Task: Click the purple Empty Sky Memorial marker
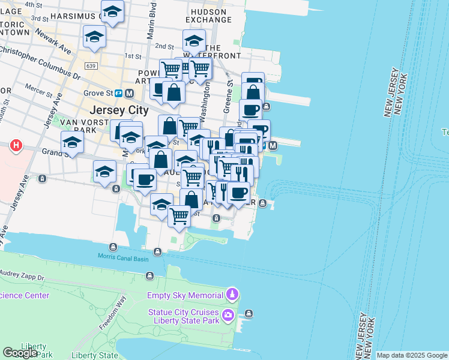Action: coord(232,295)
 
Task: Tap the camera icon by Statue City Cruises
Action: coord(228,316)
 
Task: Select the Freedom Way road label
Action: coord(112,313)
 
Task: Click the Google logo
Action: coord(20,353)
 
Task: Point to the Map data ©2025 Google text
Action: coord(411,355)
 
